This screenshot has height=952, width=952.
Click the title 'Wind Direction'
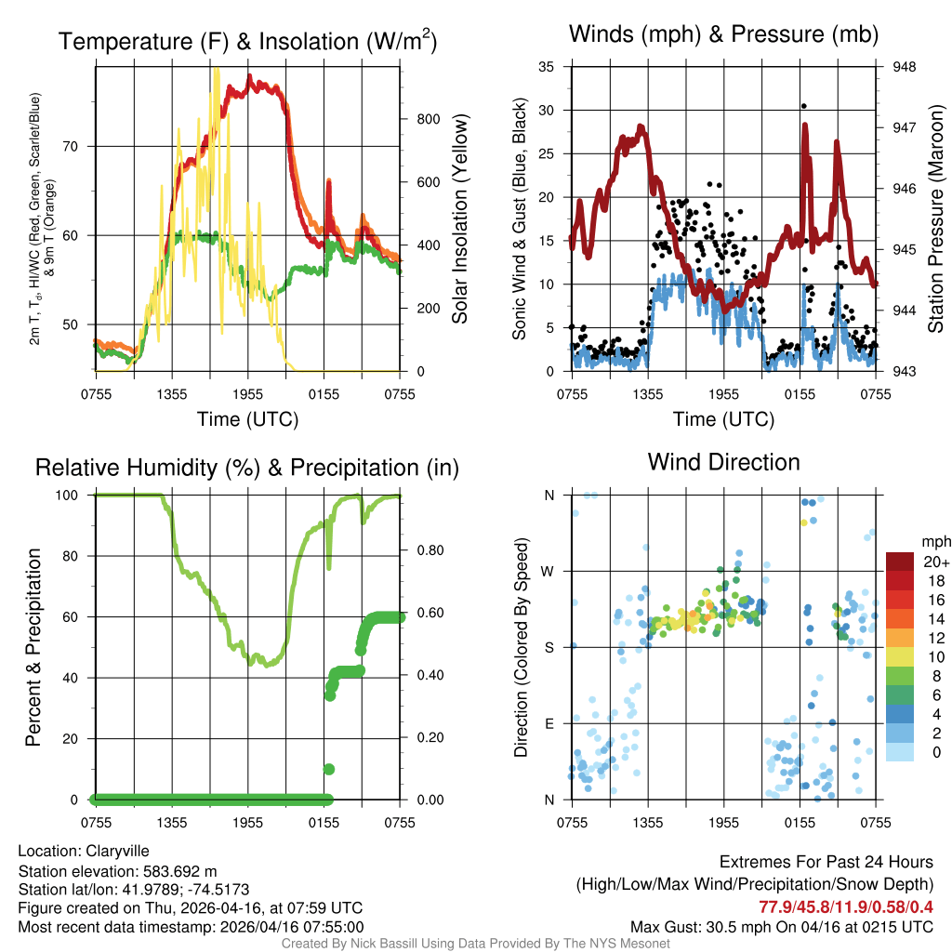(x=723, y=462)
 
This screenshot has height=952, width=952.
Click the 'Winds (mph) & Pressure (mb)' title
(x=723, y=35)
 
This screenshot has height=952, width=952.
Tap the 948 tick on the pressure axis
(x=905, y=66)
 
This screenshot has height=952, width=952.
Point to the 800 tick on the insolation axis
(x=429, y=119)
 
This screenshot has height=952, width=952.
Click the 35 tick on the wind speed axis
(x=548, y=66)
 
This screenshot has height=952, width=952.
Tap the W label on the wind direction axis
(x=549, y=571)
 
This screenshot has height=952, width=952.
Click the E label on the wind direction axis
(x=549, y=723)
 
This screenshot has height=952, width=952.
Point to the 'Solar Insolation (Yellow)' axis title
(x=460, y=218)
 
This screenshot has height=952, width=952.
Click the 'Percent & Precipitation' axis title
(x=33, y=647)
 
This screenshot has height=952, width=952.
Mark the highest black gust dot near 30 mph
(x=803, y=106)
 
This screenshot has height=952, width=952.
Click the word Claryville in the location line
(x=117, y=851)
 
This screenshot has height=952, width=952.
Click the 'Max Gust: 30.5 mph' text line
(x=781, y=926)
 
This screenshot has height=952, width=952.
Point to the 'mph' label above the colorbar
(x=933, y=541)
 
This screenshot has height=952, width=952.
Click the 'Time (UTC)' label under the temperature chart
(x=247, y=419)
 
